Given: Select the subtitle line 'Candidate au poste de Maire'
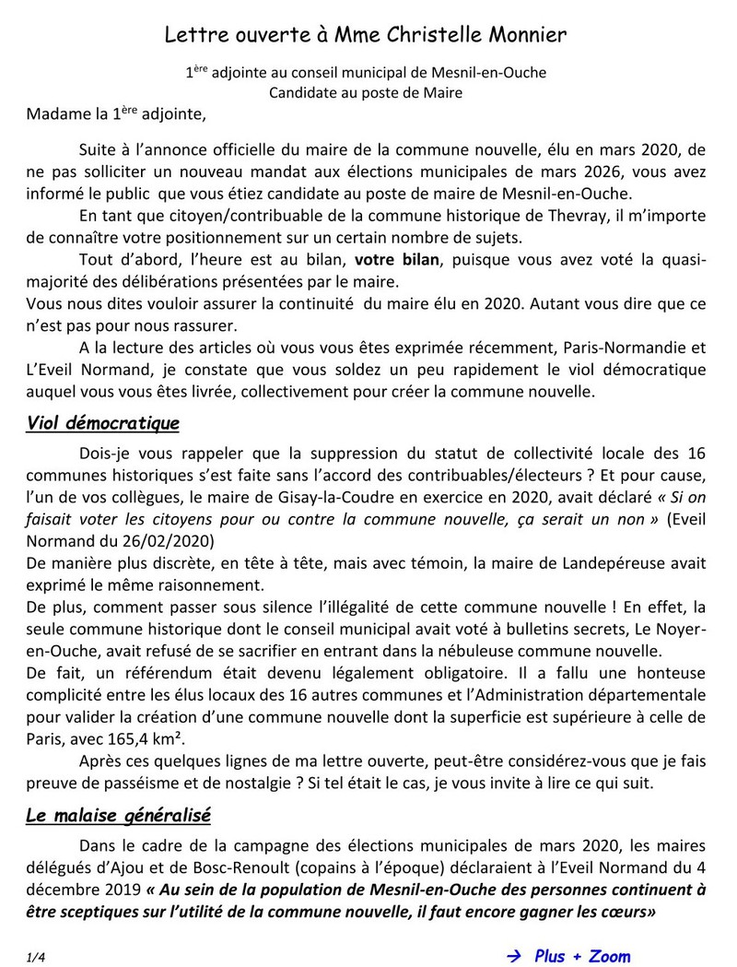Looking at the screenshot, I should click(x=365, y=92).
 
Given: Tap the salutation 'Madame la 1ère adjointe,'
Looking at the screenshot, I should click(x=117, y=115).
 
